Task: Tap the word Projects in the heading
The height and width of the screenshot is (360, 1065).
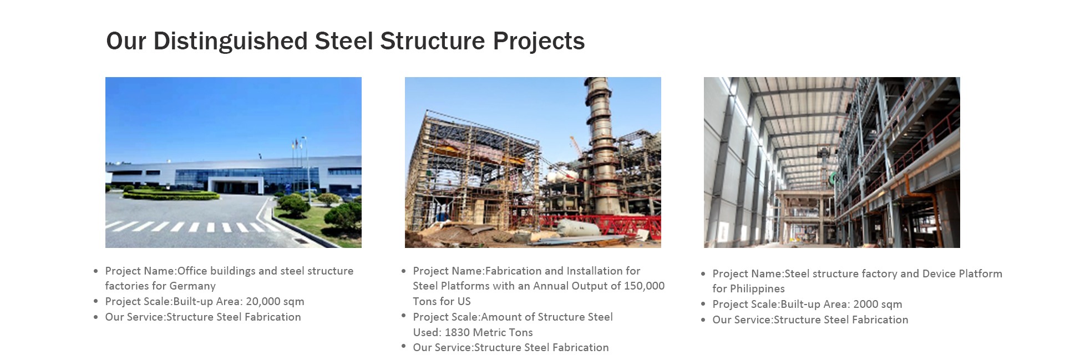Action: [x=539, y=42]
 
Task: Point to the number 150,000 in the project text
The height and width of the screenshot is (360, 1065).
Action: [x=644, y=286]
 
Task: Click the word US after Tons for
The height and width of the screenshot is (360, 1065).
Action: [x=464, y=301]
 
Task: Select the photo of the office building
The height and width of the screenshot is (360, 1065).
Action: [x=234, y=163]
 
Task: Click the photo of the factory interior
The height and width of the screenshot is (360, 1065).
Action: [x=832, y=163]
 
